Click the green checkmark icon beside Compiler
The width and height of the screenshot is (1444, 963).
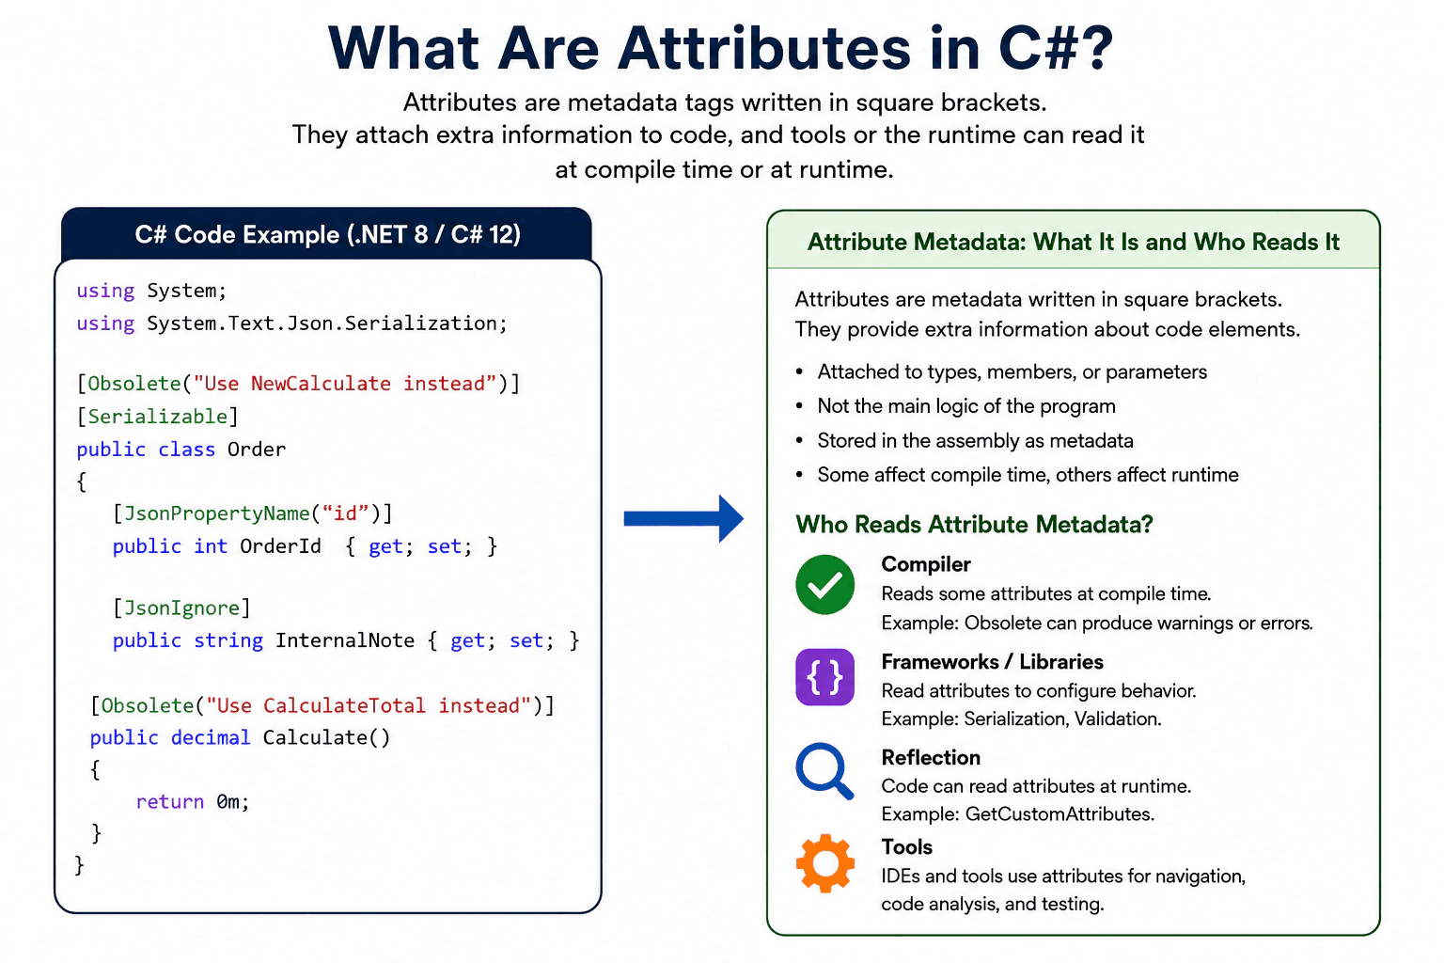point(824,584)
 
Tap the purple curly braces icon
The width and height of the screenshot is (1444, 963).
point(824,677)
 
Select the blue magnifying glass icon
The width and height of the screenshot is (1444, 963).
point(824,771)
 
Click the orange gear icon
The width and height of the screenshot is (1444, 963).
point(825,863)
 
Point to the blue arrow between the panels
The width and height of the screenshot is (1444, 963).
point(683,518)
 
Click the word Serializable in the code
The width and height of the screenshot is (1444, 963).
point(157,417)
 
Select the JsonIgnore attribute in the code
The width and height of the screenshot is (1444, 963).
point(181,608)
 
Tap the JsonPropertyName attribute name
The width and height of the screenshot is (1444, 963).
point(216,514)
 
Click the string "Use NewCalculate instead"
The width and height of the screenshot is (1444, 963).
point(346,384)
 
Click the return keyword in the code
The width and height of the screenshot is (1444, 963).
point(169,802)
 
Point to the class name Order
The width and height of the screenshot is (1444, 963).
point(257,449)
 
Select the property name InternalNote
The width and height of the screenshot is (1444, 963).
point(345,640)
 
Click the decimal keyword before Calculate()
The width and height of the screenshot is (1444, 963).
point(211,737)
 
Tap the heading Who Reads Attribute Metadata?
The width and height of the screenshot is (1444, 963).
point(974,525)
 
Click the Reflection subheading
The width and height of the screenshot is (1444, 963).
point(931,757)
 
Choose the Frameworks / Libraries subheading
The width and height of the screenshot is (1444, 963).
point(992,662)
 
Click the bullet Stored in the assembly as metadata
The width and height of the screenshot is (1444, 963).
point(975,440)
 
